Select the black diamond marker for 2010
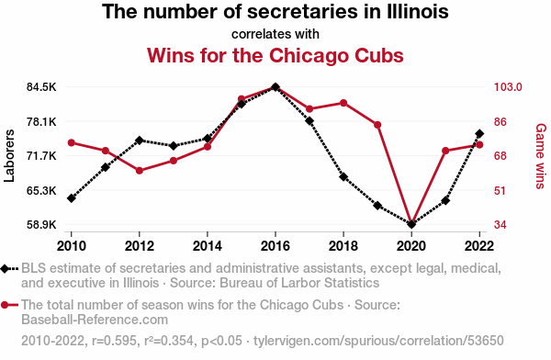(x=72, y=198)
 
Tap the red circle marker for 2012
(x=140, y=171)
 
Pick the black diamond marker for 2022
(x=479, y=133)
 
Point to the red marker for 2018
(x=343, y=103)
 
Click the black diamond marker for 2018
(x=343, y=177)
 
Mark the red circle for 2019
(x=377, y=125)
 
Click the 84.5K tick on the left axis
(x=41, y=87)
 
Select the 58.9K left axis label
(x=41, y=224)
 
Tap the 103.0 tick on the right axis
(x=508, y=87)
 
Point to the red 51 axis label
(x=500, y=190)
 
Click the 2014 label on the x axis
(x=208, y=246)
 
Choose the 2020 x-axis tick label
(x=411, y=246)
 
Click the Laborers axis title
(x=9, y=156)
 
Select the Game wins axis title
(x=541, y=156)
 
